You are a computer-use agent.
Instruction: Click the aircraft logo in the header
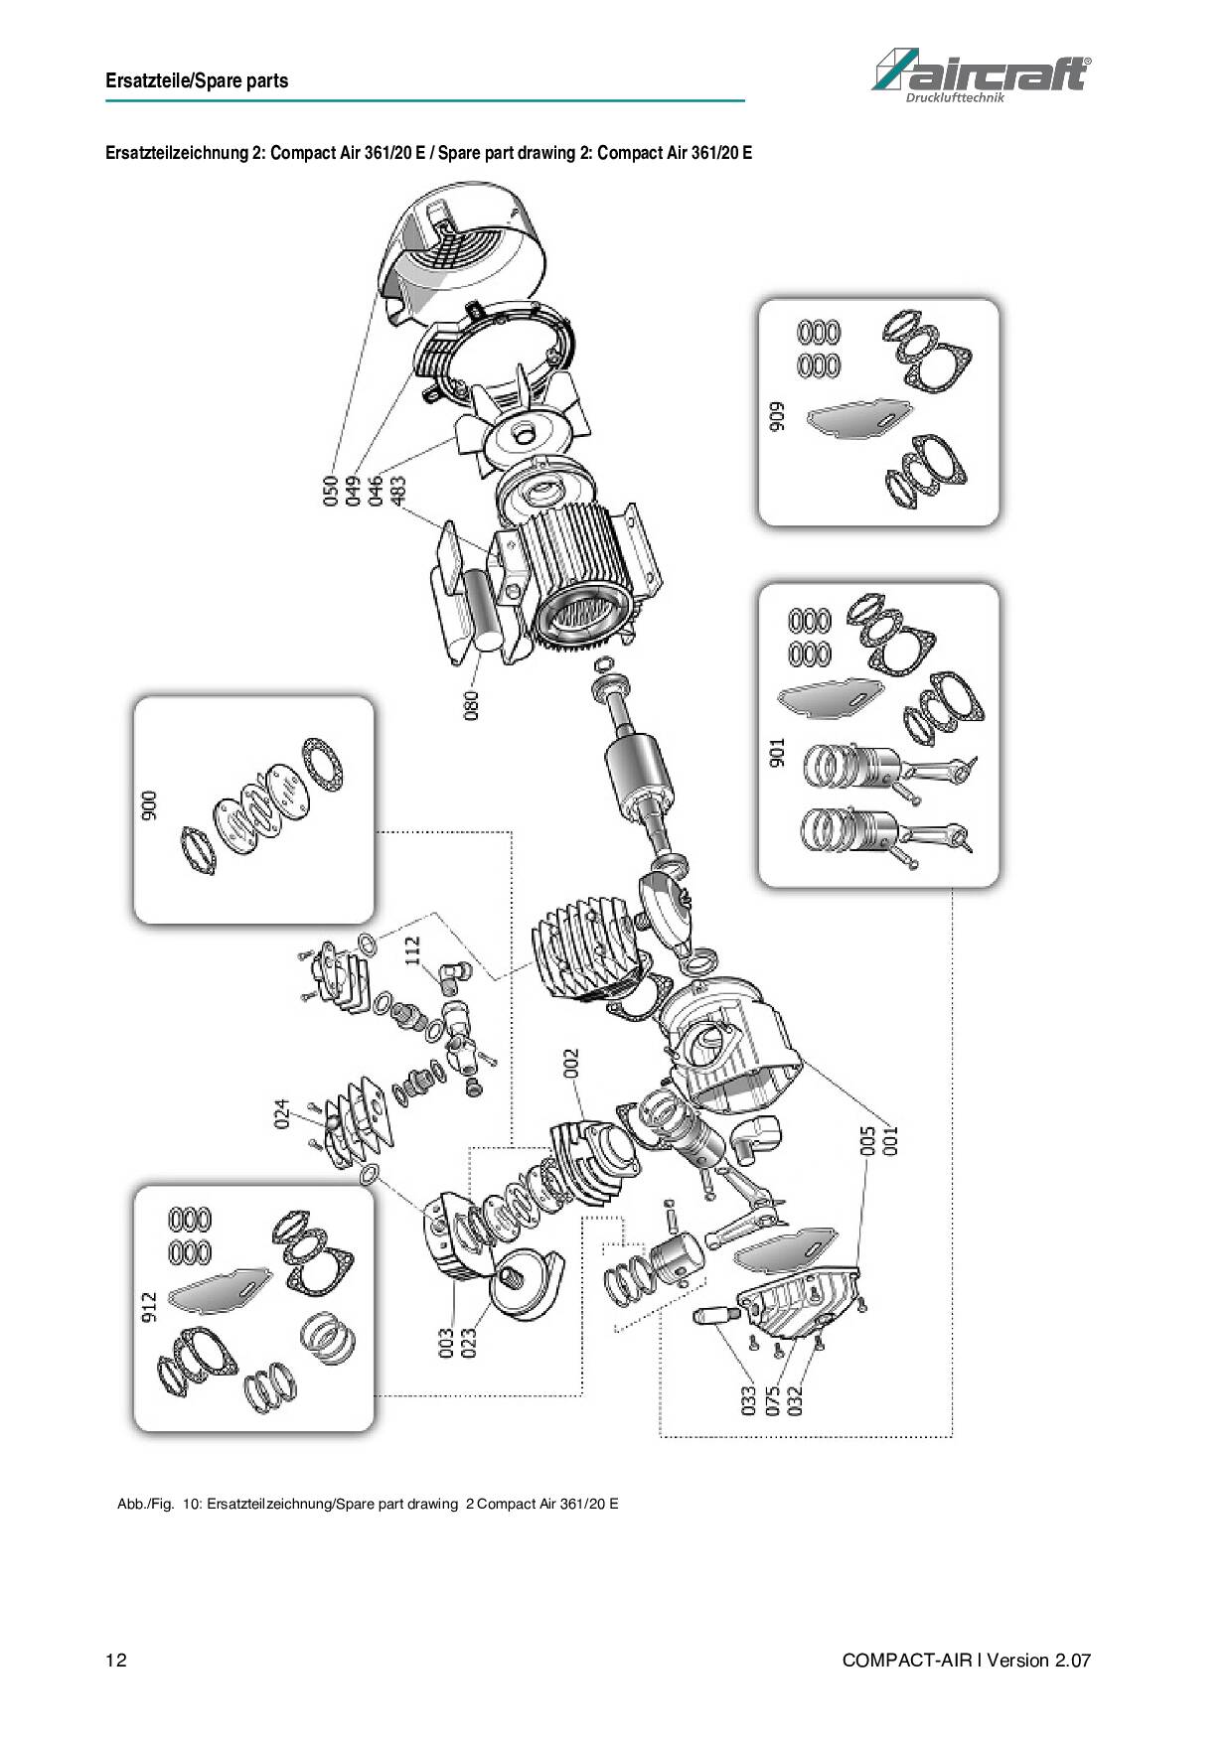981,73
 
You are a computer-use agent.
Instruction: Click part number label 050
332,491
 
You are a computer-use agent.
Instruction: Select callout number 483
397,491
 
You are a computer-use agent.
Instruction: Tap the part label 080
471,705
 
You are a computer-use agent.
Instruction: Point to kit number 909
776,416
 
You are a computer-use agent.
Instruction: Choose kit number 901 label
777,752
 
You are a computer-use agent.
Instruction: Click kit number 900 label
149,806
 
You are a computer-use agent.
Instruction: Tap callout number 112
412,951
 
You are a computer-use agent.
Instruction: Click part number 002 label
570,1065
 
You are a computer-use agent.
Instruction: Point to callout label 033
748,1399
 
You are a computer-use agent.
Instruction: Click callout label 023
468,1343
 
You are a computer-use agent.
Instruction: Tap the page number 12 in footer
116,1661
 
